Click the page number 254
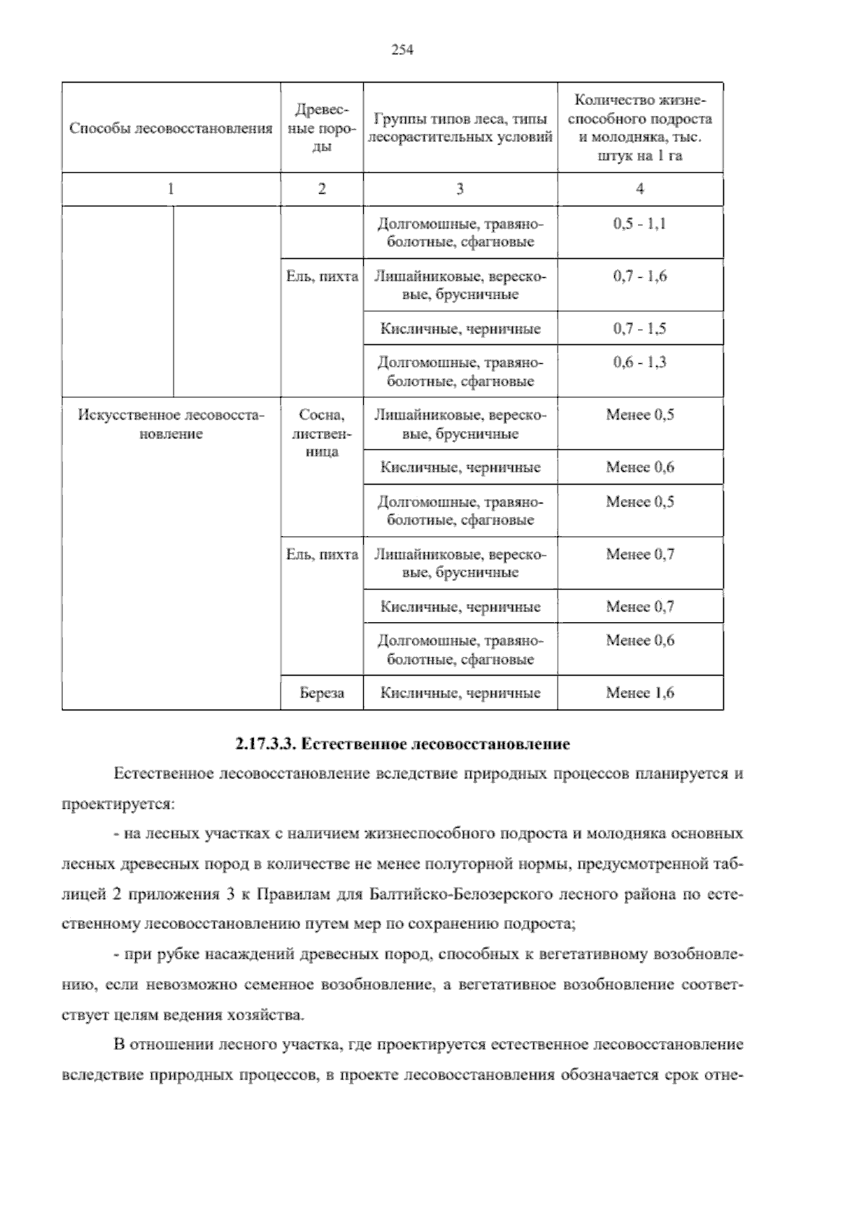click(x=401, y=50)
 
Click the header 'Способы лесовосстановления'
click(x=171, y=128)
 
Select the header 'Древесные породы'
click(x=322, y=128)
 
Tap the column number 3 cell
click(x=460, y=189)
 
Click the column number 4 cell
click(x=639, y=189)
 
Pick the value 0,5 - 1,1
click(x=639, y=224)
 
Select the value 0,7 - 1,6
click(x=639, y=276)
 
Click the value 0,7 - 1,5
click(x=639, y=328)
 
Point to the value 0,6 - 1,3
click(x=639, y=362)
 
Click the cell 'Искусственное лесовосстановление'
click(x=171, y=425)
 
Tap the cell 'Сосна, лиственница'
click(x=322, y=433)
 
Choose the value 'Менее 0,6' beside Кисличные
click(x=639, y=467)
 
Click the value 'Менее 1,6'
click(x=639, y=693)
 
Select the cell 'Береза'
click(x=322, y=693)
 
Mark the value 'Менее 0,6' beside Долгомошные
click(x=639, y=640)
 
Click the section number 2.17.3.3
click(x=265, y=744)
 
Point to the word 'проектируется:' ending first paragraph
click(x=116, y=804)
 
